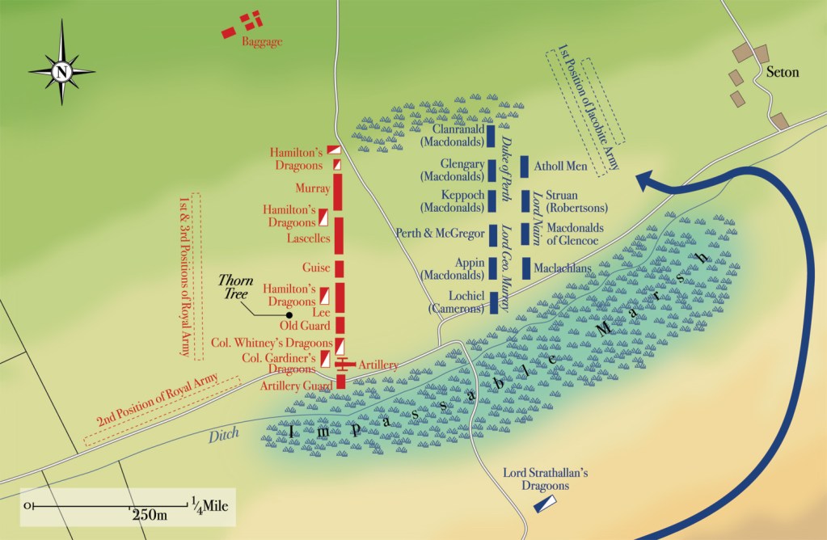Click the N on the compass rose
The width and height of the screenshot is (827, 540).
tap(61, 71)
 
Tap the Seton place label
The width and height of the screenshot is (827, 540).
tap(782, 72)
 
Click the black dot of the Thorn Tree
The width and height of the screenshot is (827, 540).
tap(289, 314)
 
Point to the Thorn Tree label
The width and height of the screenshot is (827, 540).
tap(236, 286)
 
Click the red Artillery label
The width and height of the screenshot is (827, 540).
tap(378, 365)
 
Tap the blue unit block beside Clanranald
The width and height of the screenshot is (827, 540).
tap(491, 136)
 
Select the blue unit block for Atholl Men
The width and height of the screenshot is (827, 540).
tap(525, 167)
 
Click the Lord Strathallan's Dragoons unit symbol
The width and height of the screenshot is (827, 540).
tap(544, 504)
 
